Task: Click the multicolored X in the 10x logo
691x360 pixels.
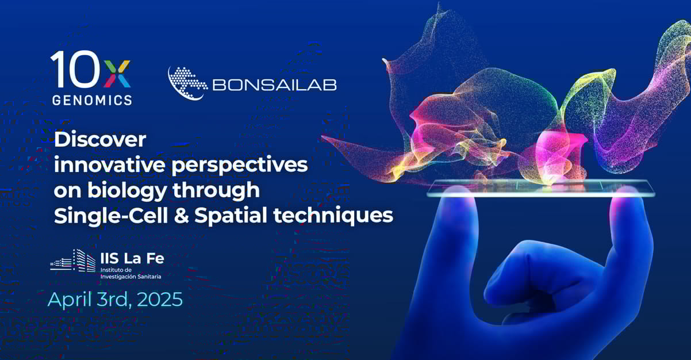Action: click(x=117, y=72)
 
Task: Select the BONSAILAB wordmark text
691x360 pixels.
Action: click(x=274, y=85)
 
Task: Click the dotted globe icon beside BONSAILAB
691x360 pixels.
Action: click(x=187, y=82)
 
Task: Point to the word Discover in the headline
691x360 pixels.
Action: click(x=100, y=140)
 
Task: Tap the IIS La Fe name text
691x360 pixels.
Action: click(x=132, y=259)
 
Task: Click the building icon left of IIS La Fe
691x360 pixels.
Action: click(x=73, y=261)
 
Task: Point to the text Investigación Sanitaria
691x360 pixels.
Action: click(x=130, y=277)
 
